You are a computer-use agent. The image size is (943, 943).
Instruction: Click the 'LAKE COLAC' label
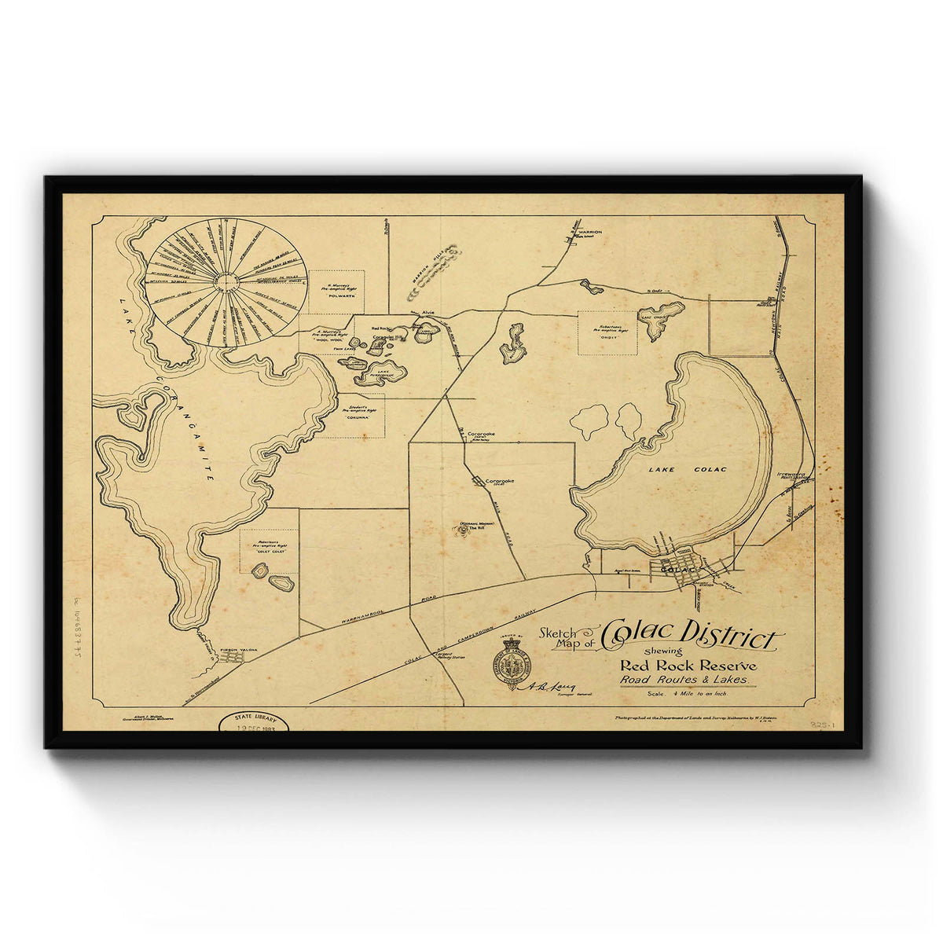tap(688, 470)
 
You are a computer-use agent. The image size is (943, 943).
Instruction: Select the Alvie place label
tap(428, 313)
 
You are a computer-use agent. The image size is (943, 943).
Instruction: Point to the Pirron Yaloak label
tap(237, 650)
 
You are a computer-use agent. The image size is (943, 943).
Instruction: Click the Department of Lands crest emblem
tap(511, 666)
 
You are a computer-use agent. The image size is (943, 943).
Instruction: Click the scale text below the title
tap(687, 694)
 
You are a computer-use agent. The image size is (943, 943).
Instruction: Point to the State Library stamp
tap(253, 721)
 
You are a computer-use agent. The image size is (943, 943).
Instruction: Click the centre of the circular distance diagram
tap(226, 282)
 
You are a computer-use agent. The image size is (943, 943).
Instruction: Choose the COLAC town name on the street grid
tap(680, 568)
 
